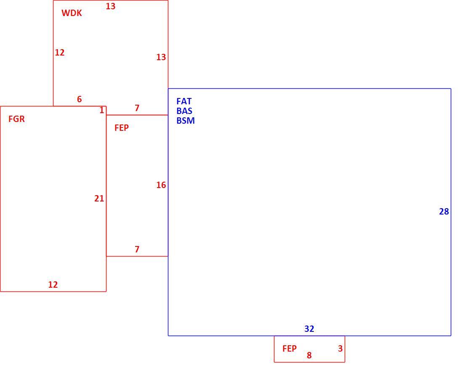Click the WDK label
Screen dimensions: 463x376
tap(72, 13)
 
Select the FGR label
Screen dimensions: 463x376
tap(16, 119)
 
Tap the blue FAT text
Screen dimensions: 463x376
tap(184, 101)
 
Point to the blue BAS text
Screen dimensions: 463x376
tap(184, 111)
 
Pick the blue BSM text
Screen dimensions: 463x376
tap(186, 120)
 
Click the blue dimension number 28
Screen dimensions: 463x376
tap(444, 212)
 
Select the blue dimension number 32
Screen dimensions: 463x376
tap(309, 328)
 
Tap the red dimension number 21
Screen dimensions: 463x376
tap(99, 199)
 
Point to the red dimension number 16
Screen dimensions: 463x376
tap(161, 185)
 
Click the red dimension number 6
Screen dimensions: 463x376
tap(80, 99)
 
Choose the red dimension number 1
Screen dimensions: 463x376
tap(102, 110)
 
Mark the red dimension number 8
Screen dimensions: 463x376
tap(309, 355)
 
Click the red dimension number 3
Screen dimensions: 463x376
tap(340, 349)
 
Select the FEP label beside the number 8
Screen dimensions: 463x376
tap(290, 349)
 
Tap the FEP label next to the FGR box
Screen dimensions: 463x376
tap(122, 128)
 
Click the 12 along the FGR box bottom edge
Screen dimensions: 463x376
tap(53, 284)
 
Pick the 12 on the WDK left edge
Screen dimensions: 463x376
tap(60, 53)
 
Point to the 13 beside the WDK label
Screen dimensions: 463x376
tap(111, 6)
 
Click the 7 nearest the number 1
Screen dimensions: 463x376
tap(137, 108)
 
